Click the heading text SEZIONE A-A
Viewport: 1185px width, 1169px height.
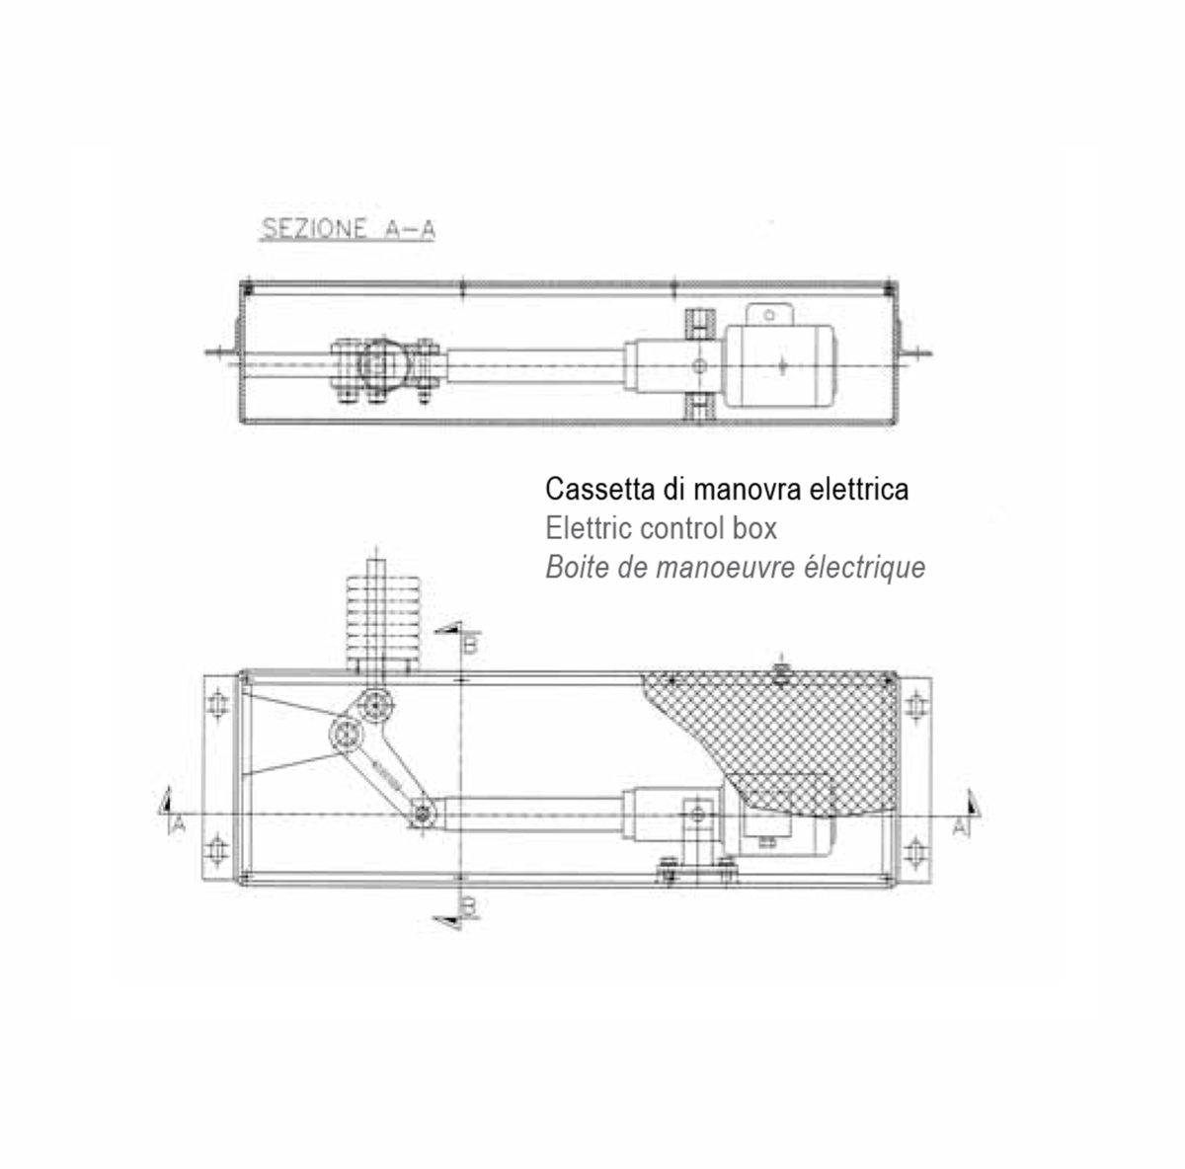click(x=349, y=229)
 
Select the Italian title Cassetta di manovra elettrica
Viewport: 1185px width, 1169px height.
click(x=727, y=490)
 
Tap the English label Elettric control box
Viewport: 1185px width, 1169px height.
click(x=661, y=528)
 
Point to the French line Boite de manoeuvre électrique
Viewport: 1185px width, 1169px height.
click(x=736, y=567)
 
